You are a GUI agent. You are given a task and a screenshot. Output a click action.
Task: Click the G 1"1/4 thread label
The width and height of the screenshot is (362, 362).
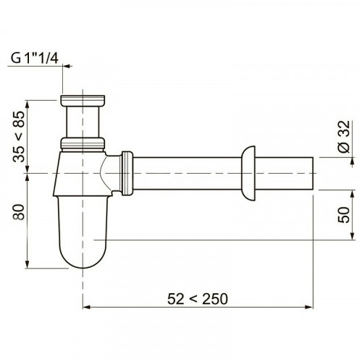point(35,58)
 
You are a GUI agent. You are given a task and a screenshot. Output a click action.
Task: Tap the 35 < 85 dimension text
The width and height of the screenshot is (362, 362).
point(19,136)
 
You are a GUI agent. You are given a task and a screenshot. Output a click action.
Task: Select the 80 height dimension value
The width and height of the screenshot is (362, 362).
point(19,212)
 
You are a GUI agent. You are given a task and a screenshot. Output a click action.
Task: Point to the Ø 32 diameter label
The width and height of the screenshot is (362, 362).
point(344,137)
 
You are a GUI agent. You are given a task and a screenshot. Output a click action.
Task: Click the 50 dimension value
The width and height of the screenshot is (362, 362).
point(344,214)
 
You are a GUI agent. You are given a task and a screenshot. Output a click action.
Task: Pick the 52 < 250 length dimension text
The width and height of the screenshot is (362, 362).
point(198,299)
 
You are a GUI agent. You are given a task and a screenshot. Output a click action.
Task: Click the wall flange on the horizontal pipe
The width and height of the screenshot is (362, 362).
point(248,173)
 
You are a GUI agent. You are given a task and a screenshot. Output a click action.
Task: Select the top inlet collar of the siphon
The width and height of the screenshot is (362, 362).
point(83,101)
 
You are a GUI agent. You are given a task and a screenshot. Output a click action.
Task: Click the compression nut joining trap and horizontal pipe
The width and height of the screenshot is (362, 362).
point(127,173)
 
